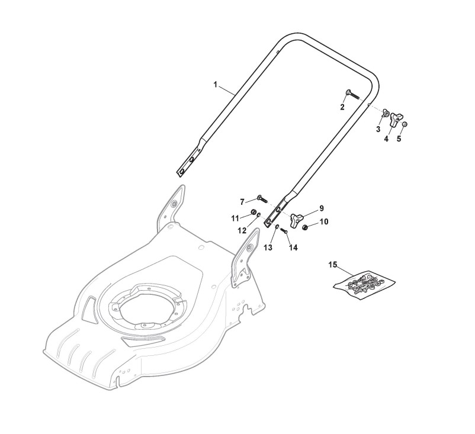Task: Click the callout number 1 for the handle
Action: coord(216,85)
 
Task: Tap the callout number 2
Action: coord(359,107)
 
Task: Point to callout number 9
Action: coord(322,208)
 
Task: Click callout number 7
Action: coord(242,201)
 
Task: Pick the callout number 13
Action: coord(268,247)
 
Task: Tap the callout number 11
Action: coord(235,218)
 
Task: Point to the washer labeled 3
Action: coord(385,114)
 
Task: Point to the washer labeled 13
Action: coord(277,226)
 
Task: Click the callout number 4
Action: coord(386,139)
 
